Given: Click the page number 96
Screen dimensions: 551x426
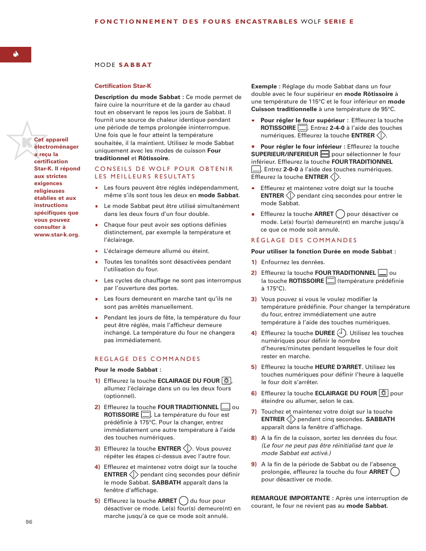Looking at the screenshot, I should tap(29, 522).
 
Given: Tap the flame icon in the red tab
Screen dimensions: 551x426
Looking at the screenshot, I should tap(16, 54).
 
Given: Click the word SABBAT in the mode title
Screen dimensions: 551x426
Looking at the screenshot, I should tap(135, 65).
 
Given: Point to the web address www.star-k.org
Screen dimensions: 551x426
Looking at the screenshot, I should tap(57, 234).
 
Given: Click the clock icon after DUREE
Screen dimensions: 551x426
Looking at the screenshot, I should tap(342, 333).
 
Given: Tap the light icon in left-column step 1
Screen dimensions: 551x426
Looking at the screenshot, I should tap(226, 381).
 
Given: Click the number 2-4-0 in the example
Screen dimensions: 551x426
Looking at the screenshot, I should tap(337, 128).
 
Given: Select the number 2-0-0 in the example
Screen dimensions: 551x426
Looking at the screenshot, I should tap(291, 169).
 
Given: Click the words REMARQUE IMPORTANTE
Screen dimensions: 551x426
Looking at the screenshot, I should tap(290, 498).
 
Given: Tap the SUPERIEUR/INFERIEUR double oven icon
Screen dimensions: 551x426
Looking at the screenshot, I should tap(325, 154).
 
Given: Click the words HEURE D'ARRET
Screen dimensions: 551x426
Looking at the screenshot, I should tap(338, 367).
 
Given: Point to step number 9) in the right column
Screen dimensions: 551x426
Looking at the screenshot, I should tap(254, 464).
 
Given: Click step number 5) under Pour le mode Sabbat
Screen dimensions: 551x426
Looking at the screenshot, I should tap(97, 501).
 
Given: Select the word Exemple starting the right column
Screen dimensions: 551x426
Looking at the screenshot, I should tap(264, 86).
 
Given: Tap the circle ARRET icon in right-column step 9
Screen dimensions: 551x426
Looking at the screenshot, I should tap(395, 472).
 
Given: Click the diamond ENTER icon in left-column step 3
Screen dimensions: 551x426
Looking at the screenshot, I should tap(188, 448).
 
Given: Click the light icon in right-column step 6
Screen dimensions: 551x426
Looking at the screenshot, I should tap(384, 393).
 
